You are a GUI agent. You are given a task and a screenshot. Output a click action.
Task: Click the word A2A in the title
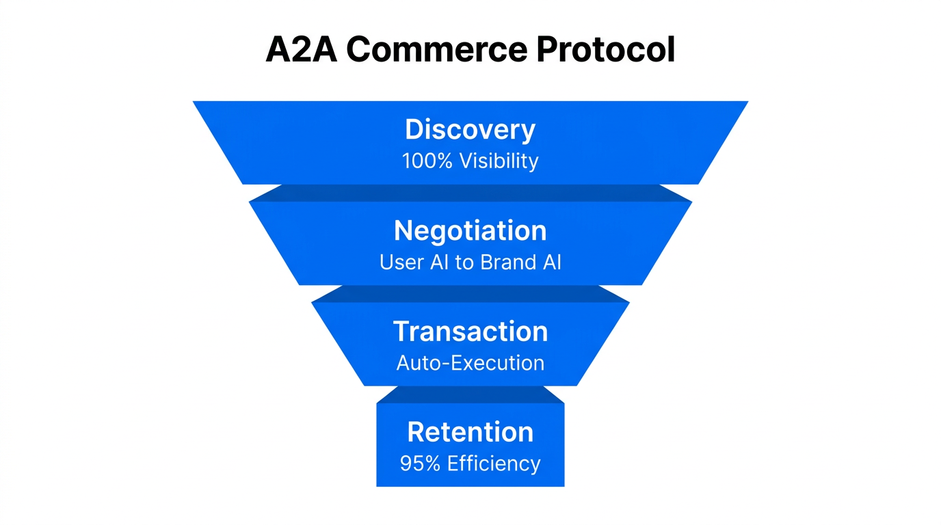[x=301, y=49]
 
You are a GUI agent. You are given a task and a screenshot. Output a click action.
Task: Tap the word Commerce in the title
[x=436, y=49]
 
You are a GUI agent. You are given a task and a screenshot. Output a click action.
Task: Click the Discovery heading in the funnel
[x=471, y=130]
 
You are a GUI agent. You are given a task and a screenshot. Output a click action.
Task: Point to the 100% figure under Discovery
[x=427, y=161]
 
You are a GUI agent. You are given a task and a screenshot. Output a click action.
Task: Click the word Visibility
[x=499, y=161]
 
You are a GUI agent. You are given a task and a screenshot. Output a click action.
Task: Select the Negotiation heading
[x=471, y=231]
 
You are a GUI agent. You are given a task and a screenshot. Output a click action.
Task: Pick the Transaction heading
[x=471, y=332]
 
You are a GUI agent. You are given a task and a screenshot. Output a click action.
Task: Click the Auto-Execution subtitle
[x=471, y=363]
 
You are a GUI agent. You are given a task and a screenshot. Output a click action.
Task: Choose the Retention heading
[x=471, y=432]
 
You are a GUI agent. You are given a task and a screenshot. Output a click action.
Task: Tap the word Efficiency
[x=494, y=463]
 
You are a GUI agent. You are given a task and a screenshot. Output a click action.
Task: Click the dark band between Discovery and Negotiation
[x=471, y=193]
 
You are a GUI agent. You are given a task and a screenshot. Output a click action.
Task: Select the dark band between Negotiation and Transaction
[x=471, y=293]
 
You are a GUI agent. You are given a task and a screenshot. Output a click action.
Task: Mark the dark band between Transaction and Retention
[x=471, y=394]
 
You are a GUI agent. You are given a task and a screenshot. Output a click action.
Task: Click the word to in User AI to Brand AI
[x=464, y=262]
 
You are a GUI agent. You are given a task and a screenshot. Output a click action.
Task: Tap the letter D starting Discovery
[x=414, y=130]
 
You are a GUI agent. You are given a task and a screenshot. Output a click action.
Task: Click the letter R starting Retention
[x=416, y=432]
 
